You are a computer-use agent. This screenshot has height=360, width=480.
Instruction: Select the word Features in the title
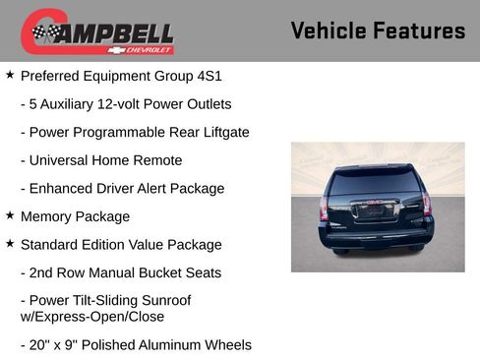pyautogui.click(x=421, y=30)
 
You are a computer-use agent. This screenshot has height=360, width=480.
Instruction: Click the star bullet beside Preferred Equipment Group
pyautogui.click(x=10, y=74)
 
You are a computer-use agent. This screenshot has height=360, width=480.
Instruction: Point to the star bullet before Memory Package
pyautogui.click(x=10, y=215)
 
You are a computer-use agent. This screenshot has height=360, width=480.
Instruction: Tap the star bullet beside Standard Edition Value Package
pyautogui.click(x=10, y=244)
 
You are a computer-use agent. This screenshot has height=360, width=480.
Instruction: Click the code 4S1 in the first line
pyautogui.click(x=207, y=75)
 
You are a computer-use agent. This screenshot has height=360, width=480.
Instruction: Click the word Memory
pyautogui.click(x=47, y=216)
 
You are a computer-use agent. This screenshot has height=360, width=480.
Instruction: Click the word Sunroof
pyautogui.click(x=163, y=301)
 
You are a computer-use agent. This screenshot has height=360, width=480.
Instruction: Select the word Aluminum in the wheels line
pyautogui.click(x=177, y=345)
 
